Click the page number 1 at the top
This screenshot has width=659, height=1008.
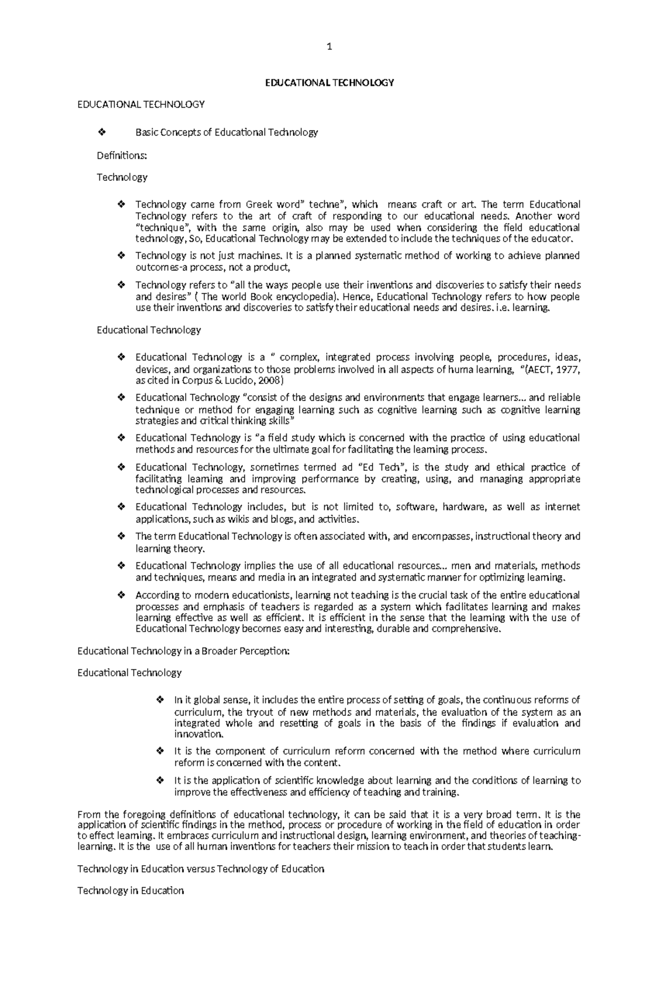[x=329, y=47]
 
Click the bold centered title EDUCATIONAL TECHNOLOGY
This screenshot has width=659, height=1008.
[x=329, y=83]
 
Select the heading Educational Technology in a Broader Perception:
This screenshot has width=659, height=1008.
[x=183, y=651]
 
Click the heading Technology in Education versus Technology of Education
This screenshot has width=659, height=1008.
[x=200, y=869]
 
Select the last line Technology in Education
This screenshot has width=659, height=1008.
[x=130, y=891]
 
